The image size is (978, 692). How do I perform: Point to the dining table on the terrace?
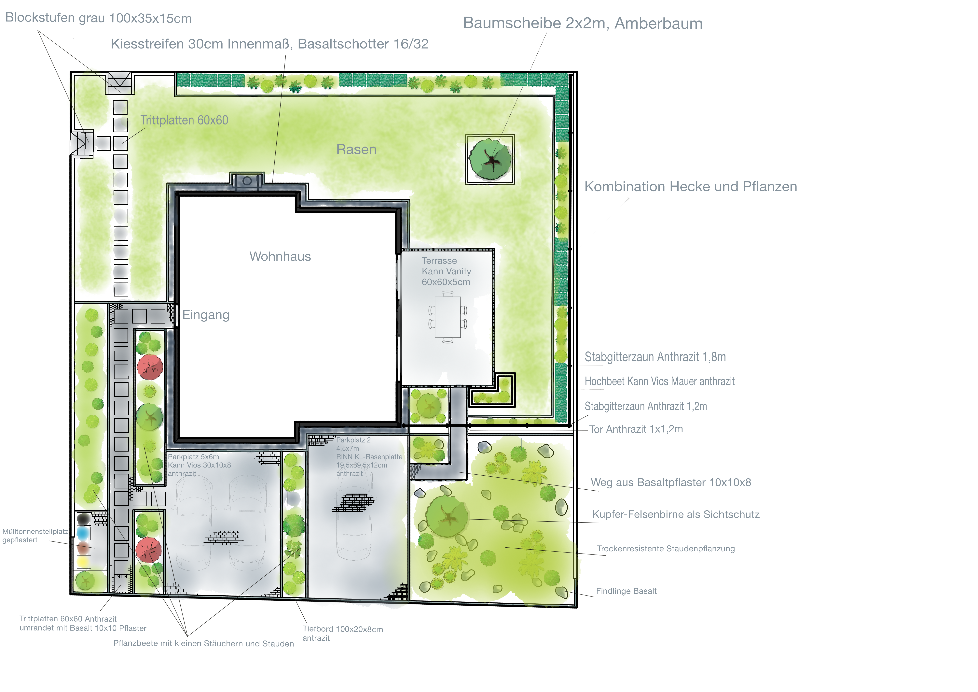click(x=448, y=317)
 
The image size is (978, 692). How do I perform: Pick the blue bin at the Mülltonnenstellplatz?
click(x=84, y=533)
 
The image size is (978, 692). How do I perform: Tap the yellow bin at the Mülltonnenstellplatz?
click(x=84, y=562)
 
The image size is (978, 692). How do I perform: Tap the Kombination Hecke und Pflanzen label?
click(x=691, y=187)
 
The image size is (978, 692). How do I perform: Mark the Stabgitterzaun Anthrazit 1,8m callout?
click(x=655, y=357)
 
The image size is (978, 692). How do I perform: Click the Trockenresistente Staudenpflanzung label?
click(x=666, y=549)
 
